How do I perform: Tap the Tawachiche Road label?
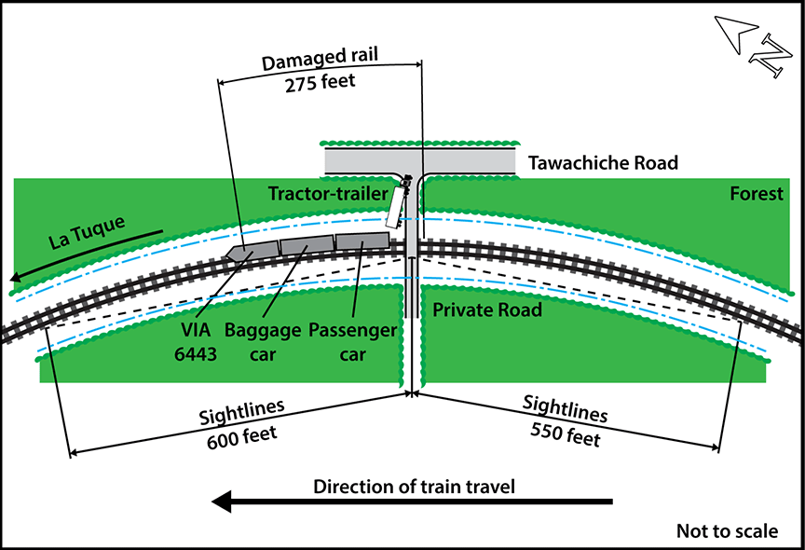tap(603, 162)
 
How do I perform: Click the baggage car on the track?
tap(307, 244)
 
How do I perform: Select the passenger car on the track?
tap(362, 241)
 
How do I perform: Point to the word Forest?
tap(757, 194)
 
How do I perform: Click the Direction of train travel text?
tap(414, 486)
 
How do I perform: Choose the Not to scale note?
tap(727, 530)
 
